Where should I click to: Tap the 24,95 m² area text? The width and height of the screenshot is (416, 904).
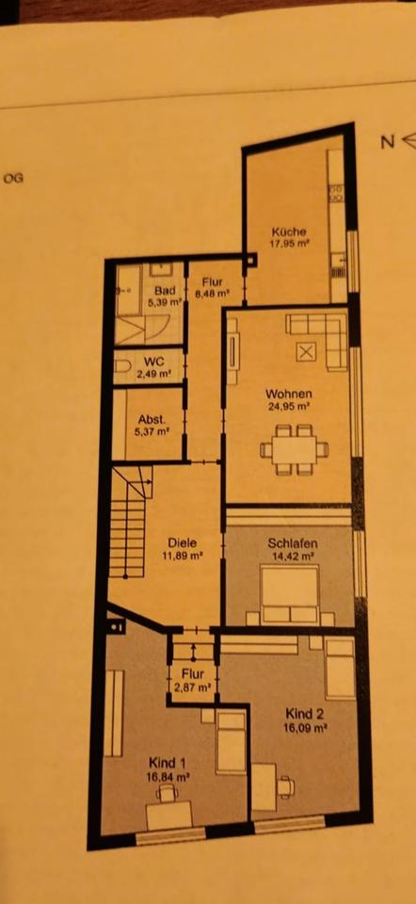coord(290,407)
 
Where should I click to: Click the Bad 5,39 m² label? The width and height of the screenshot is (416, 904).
coord(168,297)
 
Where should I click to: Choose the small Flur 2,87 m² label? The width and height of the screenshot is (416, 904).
coord(193,680)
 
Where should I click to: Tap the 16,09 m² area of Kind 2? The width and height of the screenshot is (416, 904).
coord(306,727)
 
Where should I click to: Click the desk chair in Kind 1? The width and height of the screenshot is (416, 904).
coord(168,794)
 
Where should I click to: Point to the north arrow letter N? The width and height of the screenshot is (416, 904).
coord(386,142)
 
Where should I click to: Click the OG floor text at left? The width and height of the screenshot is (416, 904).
coord(13,175)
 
